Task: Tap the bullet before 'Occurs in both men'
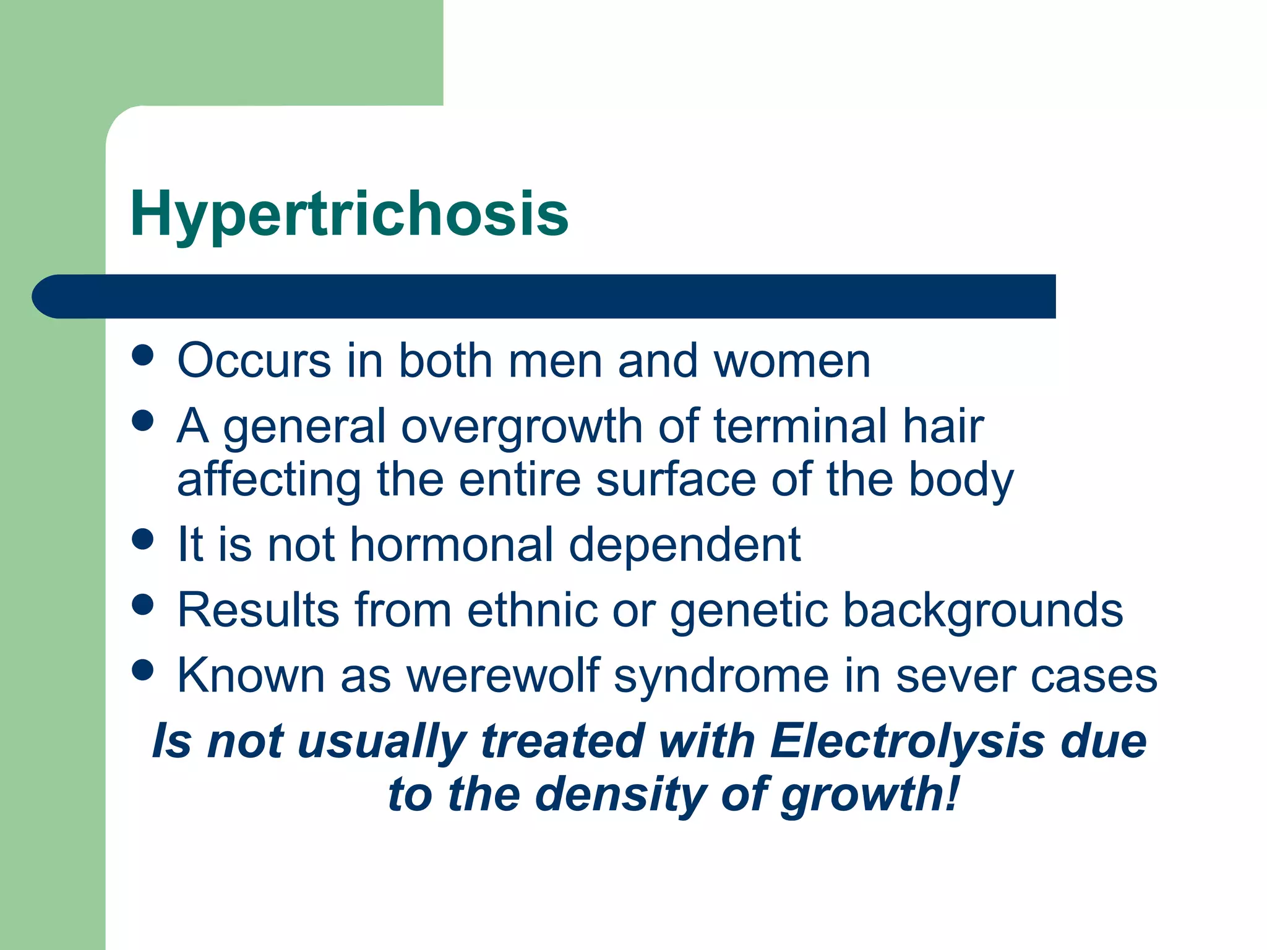pos(143,356)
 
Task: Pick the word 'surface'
pos(676,480)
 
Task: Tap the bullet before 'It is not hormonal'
pos(143,539)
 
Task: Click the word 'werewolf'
pos(503,675)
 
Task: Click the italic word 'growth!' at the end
pos(869,795)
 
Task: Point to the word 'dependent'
pos(684,545)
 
